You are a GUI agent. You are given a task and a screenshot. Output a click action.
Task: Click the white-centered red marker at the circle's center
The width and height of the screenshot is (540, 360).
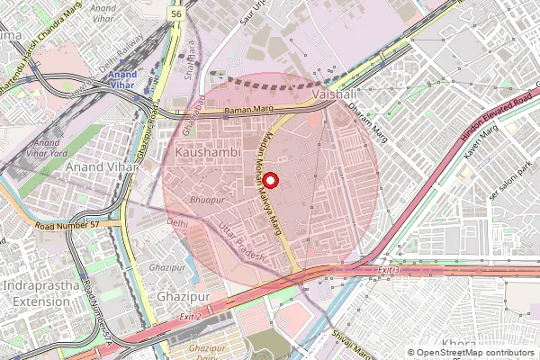coord(270,180)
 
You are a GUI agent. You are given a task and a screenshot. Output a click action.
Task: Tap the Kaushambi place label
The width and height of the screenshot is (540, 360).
coord(208,155)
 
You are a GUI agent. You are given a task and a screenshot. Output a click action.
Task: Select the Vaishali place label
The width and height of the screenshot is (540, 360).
coord(335,94)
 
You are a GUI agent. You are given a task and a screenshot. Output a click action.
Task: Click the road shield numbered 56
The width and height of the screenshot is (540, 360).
coord(177,14)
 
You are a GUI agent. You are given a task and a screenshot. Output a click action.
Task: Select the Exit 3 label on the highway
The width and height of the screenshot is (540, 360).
coord(388,270)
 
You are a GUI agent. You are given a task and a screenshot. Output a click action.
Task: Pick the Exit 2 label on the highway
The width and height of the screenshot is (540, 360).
coord(190,318)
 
